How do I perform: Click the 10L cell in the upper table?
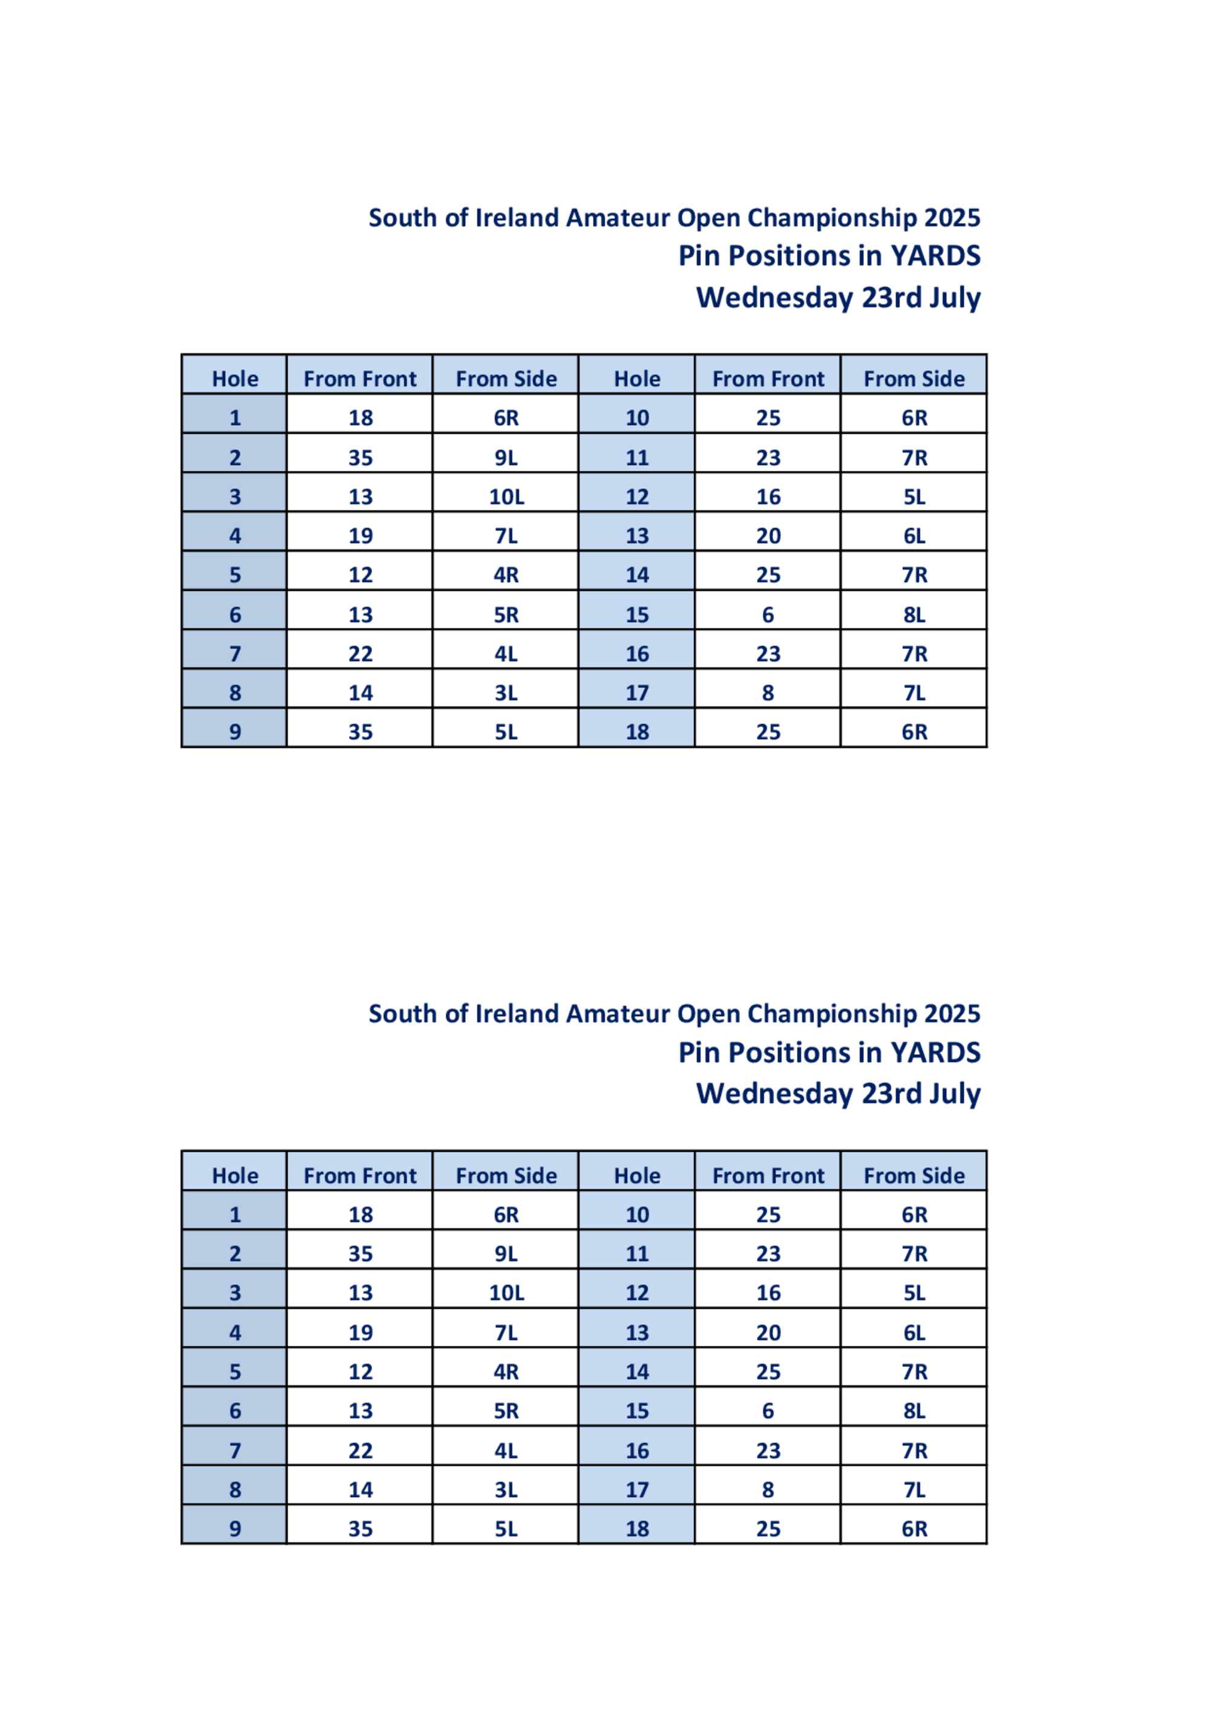point(506,497)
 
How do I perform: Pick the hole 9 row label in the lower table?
point(235,1529)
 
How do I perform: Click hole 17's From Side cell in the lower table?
point(914,1490)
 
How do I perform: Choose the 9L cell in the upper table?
point(506,457)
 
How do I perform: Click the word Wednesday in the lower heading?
point(774,1094)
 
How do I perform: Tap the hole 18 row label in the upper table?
point(637,732)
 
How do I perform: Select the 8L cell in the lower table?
point(914,1411)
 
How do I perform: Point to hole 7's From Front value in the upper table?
point(361,654)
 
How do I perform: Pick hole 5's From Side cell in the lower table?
point(506,1372)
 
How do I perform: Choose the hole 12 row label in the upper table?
point(637,497)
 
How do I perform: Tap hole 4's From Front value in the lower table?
point(361,1333)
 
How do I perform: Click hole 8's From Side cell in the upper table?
point(506,693)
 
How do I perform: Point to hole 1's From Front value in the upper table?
point(361,418)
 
